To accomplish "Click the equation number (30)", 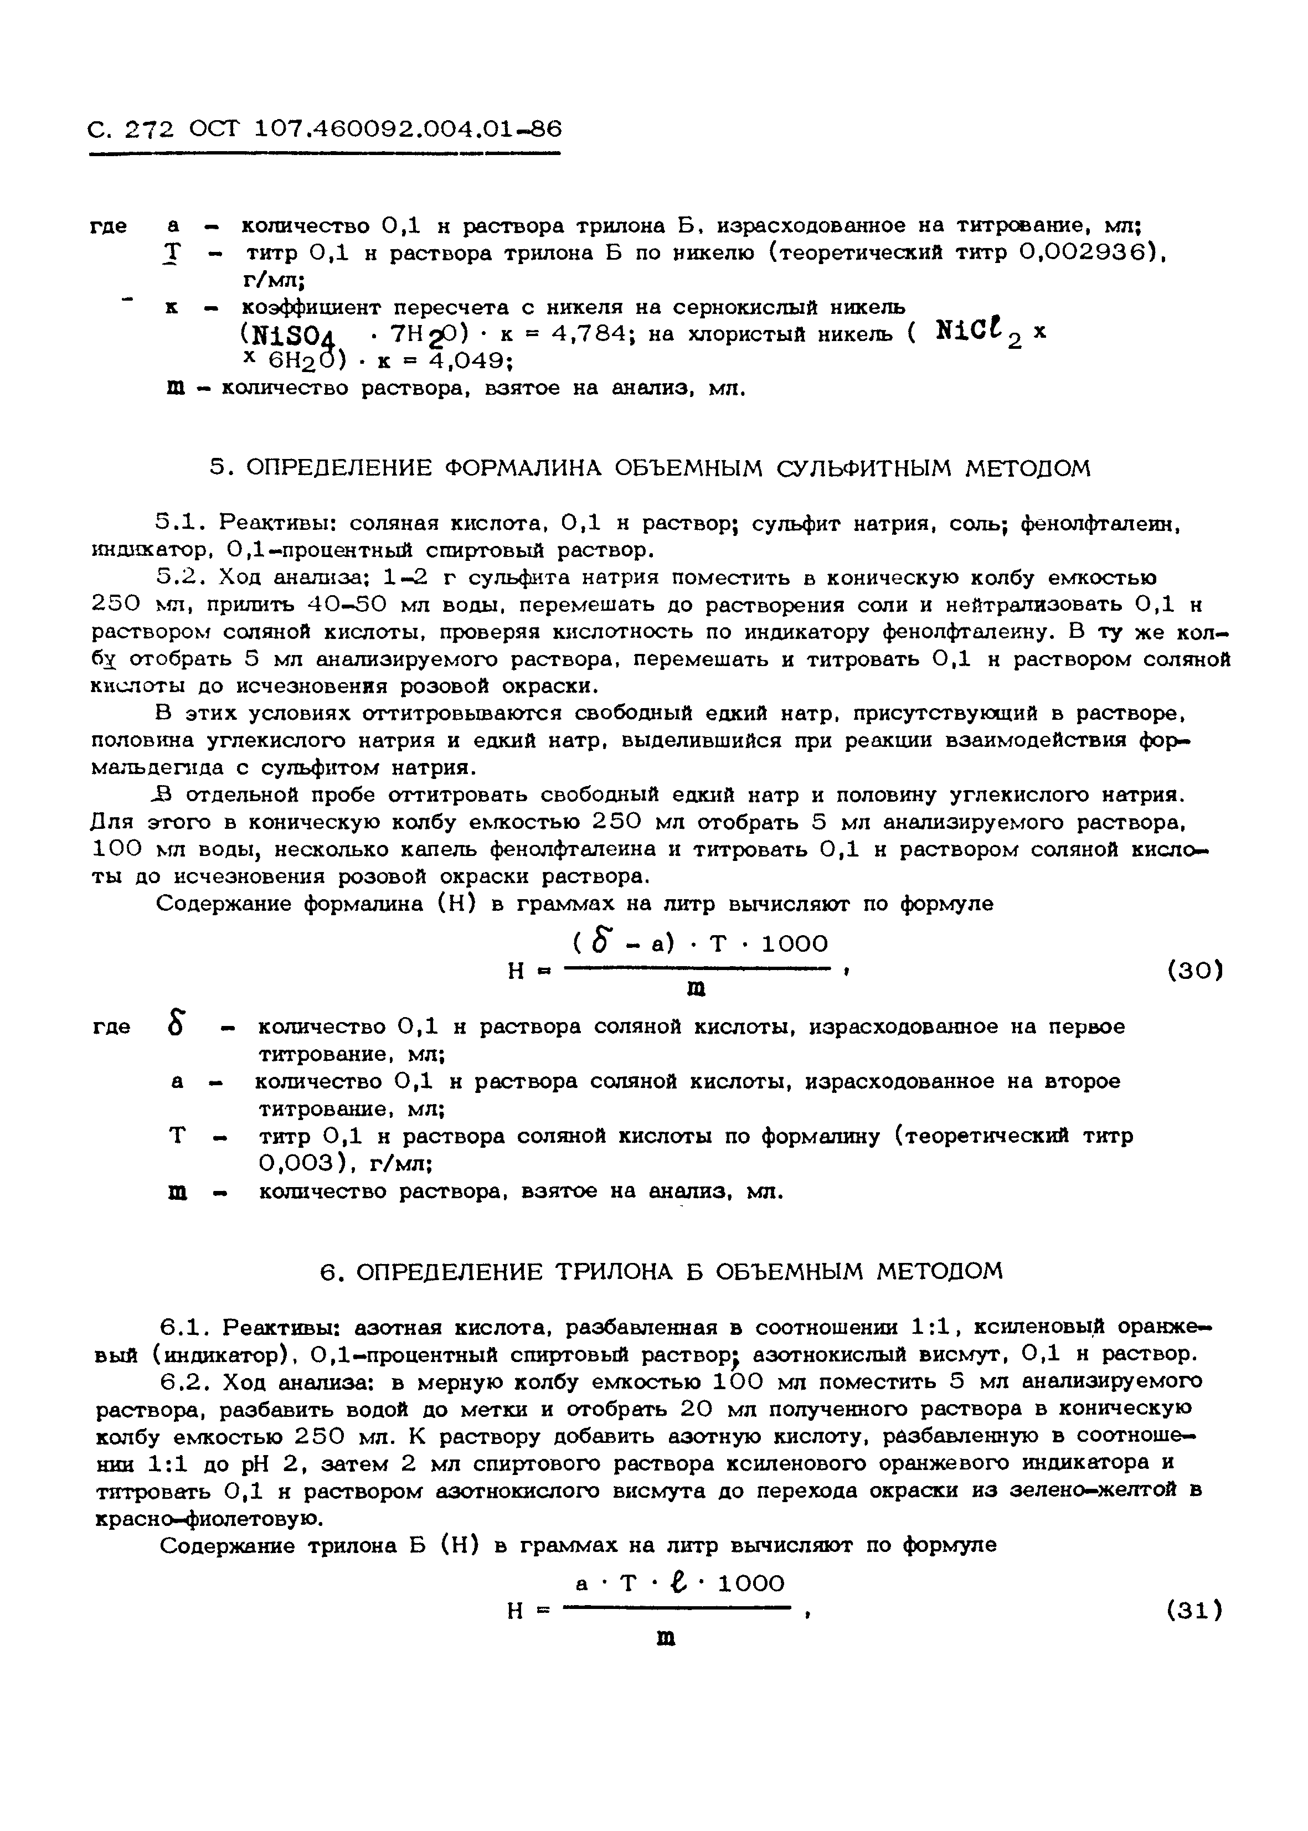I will [1194, 971].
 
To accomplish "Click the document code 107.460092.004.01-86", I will [408, 129].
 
